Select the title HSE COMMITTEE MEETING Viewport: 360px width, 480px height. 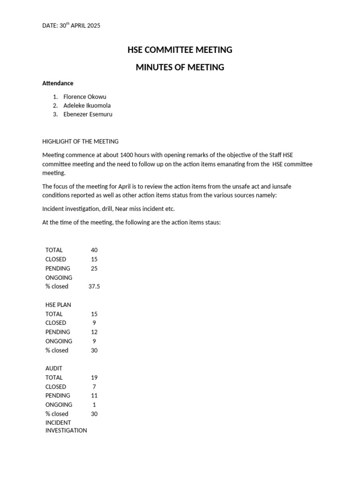coord(180,50)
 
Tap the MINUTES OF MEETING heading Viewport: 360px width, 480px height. coord(180,67)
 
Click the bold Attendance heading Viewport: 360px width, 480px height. coord(58,83)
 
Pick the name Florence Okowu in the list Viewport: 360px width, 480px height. coord(85,97)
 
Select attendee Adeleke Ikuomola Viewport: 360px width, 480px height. coord(87,105)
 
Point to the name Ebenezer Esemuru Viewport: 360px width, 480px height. coord(88,114)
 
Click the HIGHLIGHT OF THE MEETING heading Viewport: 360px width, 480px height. coord(80,141)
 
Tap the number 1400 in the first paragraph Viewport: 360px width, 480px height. coord(127,155)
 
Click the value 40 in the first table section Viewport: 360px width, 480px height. coord(94,250)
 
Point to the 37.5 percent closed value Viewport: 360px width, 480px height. coord(94,286)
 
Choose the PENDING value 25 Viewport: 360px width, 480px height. coord(94,269)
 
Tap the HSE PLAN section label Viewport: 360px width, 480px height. coord(58,305)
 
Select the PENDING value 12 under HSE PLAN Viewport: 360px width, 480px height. coord(94,332)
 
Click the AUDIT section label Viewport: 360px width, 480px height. coord(54,368)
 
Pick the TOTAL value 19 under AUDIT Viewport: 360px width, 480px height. coord(94,377)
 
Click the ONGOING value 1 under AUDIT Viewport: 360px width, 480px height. coord(94,405)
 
